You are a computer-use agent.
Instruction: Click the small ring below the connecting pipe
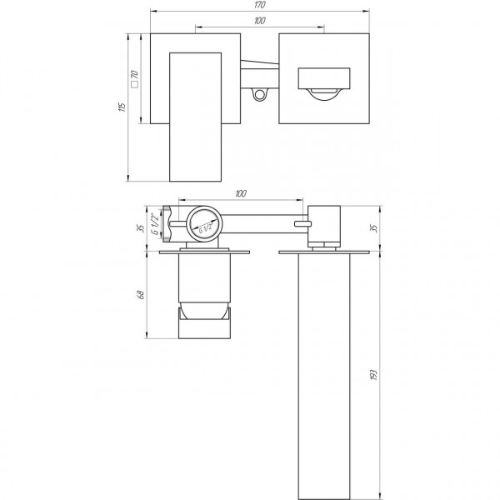(261, 94)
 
